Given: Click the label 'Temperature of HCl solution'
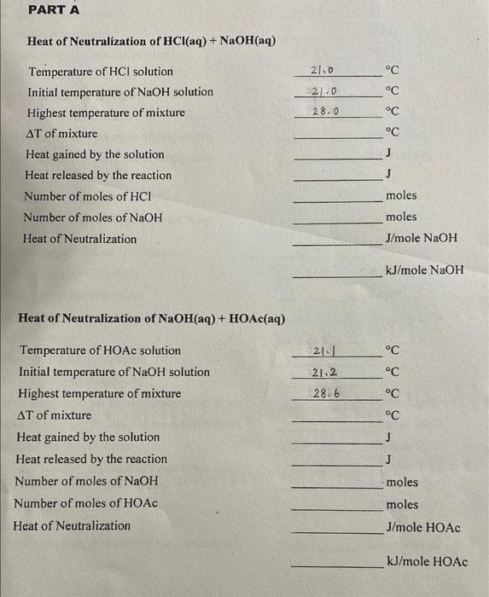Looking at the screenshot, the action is [100, 72].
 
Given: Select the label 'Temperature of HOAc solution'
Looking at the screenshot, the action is [100, 351].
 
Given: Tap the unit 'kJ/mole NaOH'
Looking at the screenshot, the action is [424, 271].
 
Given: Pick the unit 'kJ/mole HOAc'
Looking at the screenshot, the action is [427, 562].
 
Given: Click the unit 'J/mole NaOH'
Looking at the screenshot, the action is [422, 238].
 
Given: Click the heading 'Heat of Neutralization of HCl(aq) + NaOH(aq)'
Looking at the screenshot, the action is [151, 41].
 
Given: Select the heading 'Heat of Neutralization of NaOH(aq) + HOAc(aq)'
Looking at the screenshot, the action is [151, 319].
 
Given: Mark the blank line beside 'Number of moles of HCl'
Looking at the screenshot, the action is [337, 201].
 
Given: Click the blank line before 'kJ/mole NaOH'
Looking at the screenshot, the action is [337, 277].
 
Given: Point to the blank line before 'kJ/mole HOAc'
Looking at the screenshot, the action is [335, 568].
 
